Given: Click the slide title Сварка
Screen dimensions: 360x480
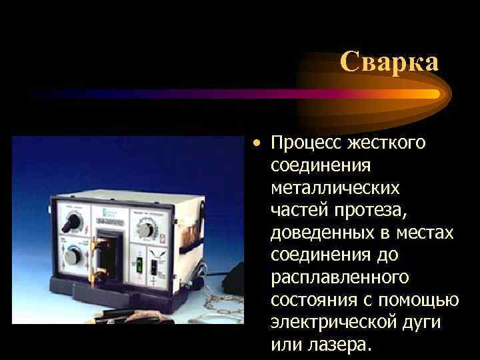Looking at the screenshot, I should click(389, 62).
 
